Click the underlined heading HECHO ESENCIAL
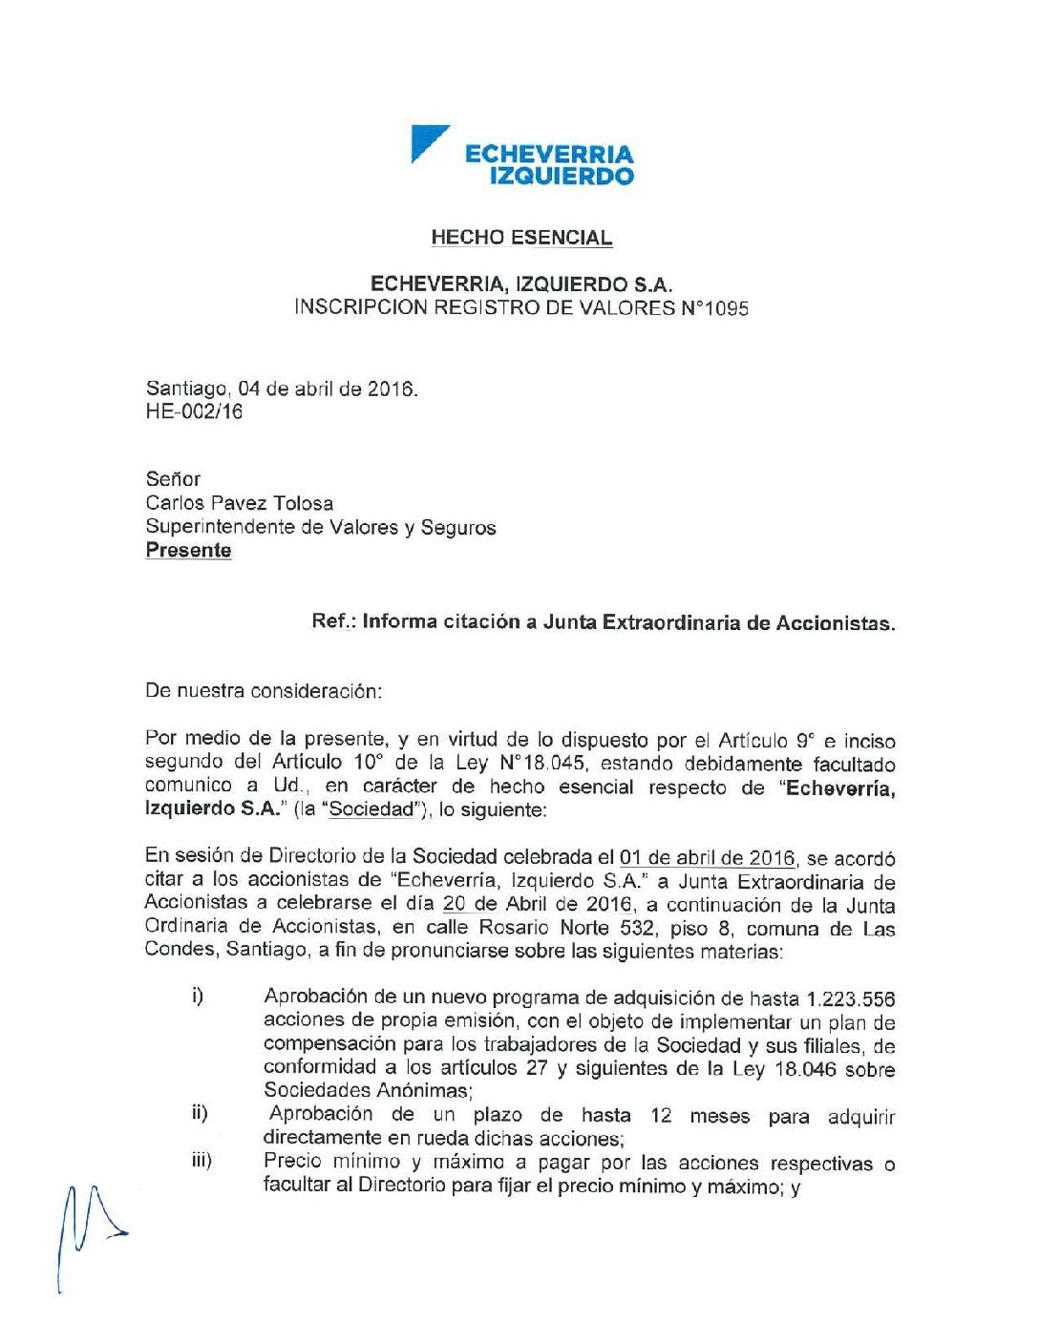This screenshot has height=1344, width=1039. (x=521, y=238)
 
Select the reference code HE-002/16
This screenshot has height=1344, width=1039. (x=194, y=412)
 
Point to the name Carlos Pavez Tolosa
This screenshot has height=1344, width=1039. (x=240, y=503)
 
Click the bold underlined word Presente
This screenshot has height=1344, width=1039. (x=188, y=551)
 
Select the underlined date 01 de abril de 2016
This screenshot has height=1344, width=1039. (x=707, y=858)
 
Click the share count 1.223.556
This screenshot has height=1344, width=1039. (x=851, y=999)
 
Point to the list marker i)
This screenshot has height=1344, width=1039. (x=198, y=997)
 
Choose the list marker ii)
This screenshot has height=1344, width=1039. (x=200, y=1113)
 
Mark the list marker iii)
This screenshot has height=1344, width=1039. (x=201, y=1161)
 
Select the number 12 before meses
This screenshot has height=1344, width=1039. (x=661, y=1115)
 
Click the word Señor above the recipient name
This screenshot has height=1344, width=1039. (x=173, y=479)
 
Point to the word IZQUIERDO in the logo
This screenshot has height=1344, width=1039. (x=562, y=176)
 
